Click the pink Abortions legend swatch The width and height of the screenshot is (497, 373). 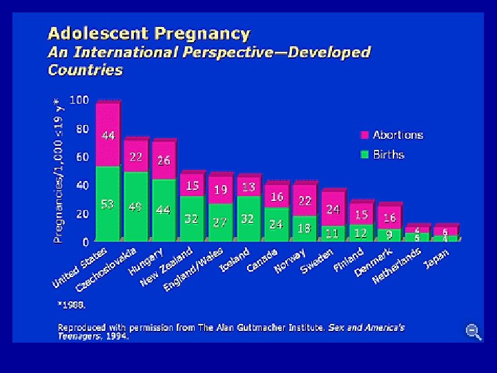365,135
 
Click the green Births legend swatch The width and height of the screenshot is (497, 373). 365,154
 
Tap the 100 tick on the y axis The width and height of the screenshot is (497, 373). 79,100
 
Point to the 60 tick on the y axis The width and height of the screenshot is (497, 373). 81,157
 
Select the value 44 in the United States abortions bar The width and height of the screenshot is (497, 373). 108,135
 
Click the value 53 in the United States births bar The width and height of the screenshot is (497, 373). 108,204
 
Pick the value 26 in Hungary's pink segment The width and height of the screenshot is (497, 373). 164,160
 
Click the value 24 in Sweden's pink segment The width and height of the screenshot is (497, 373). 333,209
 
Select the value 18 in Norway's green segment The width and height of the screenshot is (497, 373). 304,229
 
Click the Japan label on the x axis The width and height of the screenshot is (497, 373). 436,260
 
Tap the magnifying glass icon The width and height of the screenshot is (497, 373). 474,332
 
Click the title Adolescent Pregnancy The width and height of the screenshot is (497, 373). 148,33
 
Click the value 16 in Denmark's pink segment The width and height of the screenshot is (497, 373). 389,218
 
